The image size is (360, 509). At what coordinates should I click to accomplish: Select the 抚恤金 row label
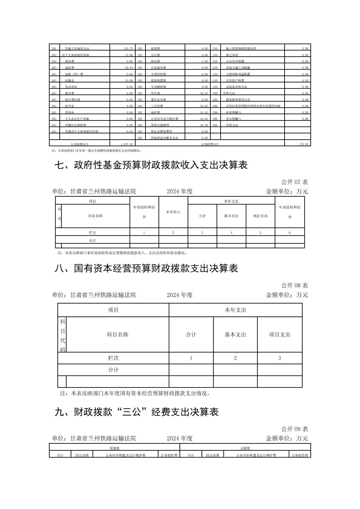69,80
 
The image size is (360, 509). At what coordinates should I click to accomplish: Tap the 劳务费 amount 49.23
204,93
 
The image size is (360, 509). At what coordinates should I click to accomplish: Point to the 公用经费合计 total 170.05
302,144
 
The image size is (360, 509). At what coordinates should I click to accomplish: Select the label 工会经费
157,106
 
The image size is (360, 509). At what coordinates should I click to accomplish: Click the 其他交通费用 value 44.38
204,125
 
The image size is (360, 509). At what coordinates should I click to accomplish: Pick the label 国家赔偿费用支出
238,100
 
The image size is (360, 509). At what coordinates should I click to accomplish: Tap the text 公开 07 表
294,182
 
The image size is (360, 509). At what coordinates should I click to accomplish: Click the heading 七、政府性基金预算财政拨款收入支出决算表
151,165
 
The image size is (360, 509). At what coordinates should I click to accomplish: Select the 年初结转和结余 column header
144,212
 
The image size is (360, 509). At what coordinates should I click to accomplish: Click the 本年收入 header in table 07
173,212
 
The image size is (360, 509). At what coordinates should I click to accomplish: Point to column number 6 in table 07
290,233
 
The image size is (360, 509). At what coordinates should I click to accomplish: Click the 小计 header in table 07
202,216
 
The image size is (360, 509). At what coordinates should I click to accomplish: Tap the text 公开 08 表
294,285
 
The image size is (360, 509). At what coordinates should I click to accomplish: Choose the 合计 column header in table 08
191,334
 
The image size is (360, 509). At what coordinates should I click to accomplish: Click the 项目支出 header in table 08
279,334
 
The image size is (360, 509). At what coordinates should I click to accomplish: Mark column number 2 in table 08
235,358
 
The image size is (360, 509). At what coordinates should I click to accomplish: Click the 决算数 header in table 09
245,448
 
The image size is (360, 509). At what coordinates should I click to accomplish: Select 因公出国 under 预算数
82,455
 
